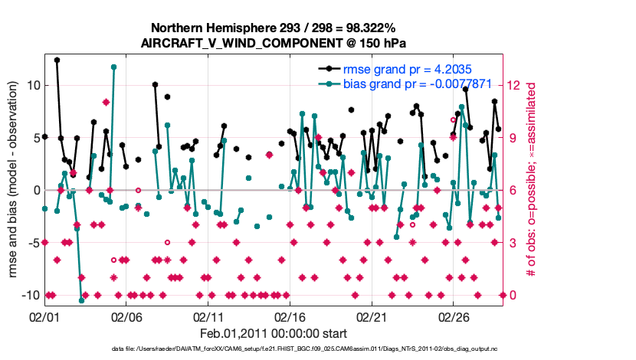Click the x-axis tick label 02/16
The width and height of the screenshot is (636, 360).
290,316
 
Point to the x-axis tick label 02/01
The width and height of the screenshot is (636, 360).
44,316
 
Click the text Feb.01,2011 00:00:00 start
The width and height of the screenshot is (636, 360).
274,334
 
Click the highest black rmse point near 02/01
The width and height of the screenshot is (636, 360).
57,60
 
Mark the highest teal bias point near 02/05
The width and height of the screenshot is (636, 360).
113,67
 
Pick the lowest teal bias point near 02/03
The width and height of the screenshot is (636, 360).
81,300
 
